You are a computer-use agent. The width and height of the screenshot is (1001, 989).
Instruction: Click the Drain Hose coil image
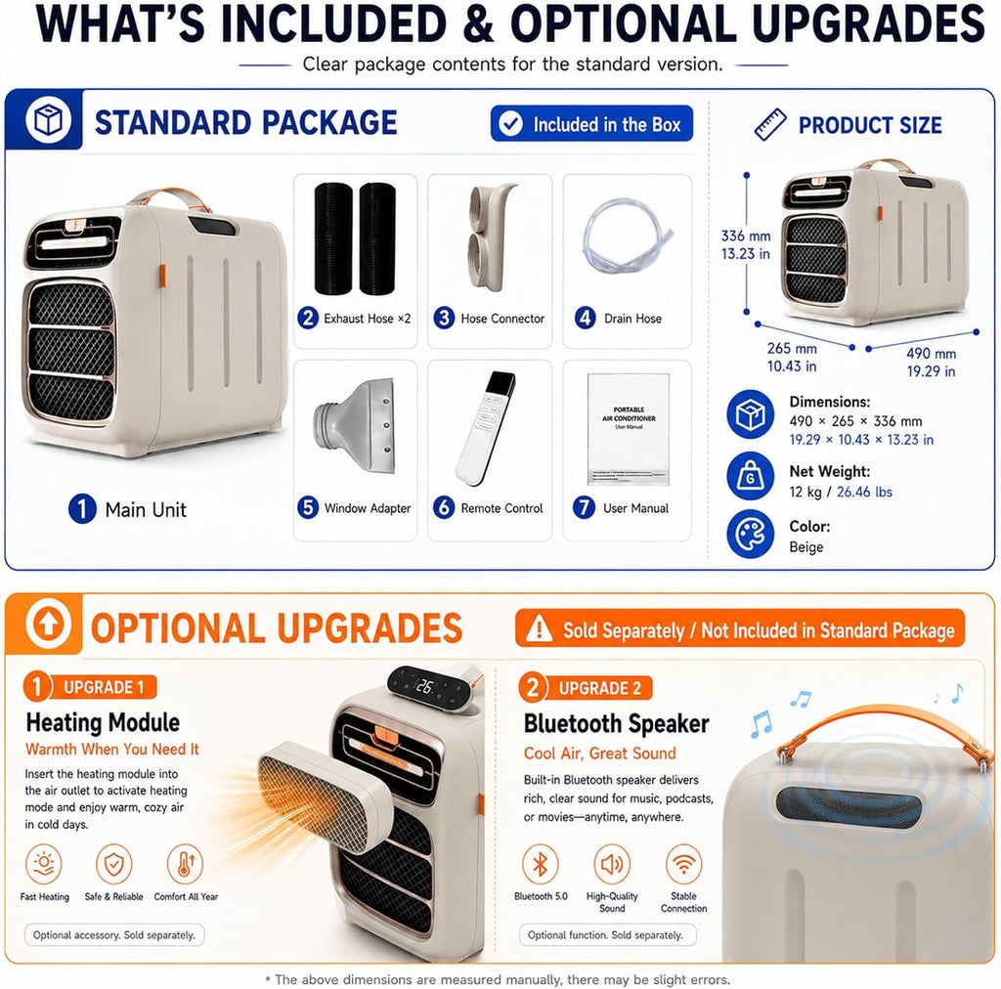point(627,236)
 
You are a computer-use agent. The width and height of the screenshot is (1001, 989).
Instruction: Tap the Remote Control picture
point(486,427)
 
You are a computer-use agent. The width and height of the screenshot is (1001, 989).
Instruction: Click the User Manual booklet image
point(629,429)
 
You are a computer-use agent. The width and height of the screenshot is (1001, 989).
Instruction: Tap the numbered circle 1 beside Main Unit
point(82,508)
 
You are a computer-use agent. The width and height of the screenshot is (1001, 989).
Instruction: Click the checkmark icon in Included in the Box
point(510,124)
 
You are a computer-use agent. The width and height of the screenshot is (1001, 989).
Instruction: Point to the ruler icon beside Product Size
point(770,124)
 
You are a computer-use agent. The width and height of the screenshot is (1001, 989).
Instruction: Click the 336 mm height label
point(746,236)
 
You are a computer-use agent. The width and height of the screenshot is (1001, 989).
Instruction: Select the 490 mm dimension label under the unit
point(931,354)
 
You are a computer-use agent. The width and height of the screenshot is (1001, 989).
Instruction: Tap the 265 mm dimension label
point(792,348)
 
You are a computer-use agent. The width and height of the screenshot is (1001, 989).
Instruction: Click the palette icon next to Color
point(750,534)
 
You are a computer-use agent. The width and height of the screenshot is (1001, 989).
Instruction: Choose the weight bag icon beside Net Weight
point(750,476)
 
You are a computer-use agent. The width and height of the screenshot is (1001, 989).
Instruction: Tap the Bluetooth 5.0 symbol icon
point(540,865)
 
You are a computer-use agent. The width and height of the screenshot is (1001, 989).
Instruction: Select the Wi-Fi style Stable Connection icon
point(683,865)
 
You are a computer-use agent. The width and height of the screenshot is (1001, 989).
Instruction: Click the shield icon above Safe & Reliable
point(113,865)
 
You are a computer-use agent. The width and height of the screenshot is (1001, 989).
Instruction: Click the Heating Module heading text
point(103,722)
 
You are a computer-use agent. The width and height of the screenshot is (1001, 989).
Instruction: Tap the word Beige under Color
point(806,547)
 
